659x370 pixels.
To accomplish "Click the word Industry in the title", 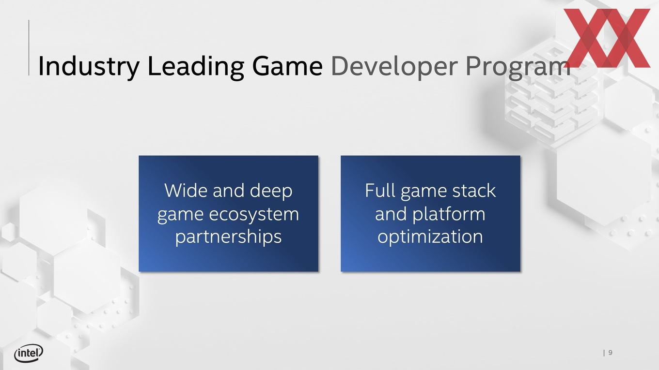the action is point(89,66).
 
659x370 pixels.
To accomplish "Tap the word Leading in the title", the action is point(195,67).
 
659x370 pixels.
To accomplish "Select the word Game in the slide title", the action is point(287,66).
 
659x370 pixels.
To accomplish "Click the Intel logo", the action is point(29,353).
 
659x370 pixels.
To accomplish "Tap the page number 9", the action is point(611,353).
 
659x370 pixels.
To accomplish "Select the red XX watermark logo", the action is point(607,38).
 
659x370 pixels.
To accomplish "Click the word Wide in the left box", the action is point(186,190).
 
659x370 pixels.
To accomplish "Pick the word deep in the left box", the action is point(271,191).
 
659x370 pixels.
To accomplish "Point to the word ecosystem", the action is point(254,214).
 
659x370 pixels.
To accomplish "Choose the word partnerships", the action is point(229,237).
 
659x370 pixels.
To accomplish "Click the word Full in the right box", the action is point(379,190).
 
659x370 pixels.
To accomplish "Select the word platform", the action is point(449,214).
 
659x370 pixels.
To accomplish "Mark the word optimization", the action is point(430,237).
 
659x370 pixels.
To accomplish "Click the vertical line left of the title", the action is point(29,47).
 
